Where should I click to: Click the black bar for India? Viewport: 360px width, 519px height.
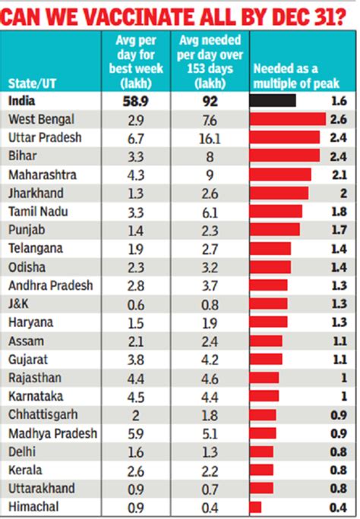(273, 100)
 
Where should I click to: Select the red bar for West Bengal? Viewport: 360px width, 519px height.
(288, 119)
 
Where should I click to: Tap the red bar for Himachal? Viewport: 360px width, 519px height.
(256, 506)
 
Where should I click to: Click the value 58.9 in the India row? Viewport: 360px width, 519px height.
(137, 100)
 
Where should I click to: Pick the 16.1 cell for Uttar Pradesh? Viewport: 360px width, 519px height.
(209, 137)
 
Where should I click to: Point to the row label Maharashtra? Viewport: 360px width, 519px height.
(41, 175)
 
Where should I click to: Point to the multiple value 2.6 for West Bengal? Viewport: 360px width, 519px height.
(339, 119)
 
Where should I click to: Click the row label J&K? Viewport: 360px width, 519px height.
(21, 304)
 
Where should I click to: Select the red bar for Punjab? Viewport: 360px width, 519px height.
(275, 229)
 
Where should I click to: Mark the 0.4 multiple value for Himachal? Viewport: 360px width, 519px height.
(339, 506)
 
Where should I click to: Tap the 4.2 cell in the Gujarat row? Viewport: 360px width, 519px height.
(209, 359)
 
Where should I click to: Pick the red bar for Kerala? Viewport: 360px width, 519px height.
(261, 470)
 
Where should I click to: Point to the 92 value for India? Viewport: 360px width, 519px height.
(209, 100)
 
